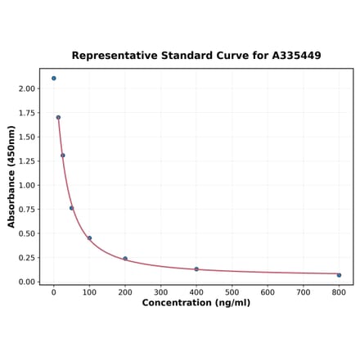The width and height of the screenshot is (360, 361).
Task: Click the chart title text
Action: [x=196, y=56]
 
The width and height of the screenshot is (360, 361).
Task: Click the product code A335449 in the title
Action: [x=292, y=56]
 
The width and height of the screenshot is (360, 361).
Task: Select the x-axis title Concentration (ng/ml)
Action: [x=196, y=303]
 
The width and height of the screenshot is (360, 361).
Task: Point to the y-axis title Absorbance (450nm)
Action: [x=11, y=177]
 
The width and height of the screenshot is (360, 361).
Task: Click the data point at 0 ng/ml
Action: [x=54, y=79]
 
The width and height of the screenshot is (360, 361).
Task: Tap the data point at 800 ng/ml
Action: [x=339, y=275]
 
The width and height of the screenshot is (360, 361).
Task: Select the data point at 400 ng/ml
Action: [x=196, y=269]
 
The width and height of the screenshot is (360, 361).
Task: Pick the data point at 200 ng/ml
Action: [x=125, y=259]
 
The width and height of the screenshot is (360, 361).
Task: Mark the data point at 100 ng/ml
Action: [x=90, y=238]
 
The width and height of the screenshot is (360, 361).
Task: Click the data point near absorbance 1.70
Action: [x=58, y=117]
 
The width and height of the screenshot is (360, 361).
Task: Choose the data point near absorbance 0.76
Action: [x=72, y=208]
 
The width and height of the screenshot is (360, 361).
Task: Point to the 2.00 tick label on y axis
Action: [x=27, y=88]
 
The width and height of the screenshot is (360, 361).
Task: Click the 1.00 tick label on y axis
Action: [x=27, y=185]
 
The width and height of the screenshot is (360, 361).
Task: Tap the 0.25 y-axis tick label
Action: [x=27, y=258]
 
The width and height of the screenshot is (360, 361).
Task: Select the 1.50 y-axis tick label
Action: [x=27, y=137]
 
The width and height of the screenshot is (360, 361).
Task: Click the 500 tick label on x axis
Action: [x=232, y=291]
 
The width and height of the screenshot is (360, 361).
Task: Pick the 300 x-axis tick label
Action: [x=161, y=291]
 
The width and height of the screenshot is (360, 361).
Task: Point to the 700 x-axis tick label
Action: [x=304, y=291]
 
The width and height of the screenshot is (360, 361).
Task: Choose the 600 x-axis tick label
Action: [x=268, y=291]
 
